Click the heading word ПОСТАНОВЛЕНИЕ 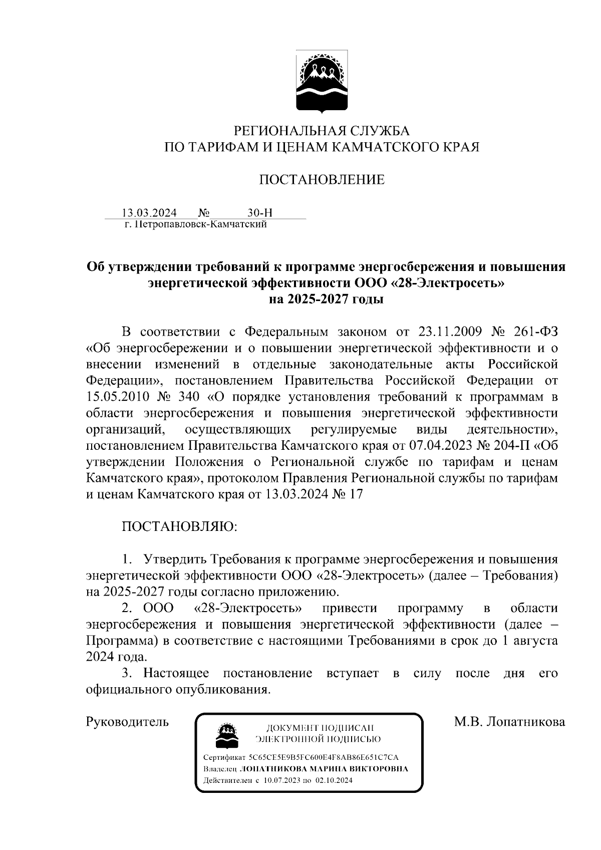point(322,179)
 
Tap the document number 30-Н point(260,213)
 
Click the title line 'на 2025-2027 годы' point(326,300)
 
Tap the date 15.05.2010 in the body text point(117,397)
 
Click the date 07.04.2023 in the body point(439,445)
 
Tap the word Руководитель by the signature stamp point(127,722)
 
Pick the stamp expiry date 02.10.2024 point(334,780)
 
